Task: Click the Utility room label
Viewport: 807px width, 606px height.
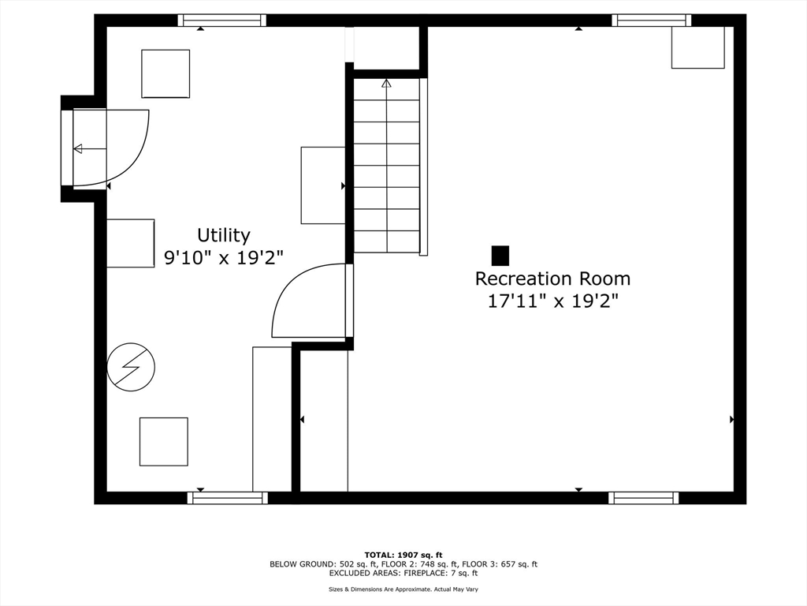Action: [223, 235]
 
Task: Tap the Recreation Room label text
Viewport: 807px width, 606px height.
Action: [552, 279]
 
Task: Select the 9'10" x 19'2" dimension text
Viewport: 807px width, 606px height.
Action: [223, 257]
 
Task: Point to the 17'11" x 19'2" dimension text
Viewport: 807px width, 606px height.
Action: [552, 301]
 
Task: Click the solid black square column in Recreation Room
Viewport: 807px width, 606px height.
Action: [500, 256]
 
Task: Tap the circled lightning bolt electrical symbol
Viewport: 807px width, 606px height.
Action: [131, 366]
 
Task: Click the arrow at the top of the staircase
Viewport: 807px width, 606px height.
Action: [386, 83]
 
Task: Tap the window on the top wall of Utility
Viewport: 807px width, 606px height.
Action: [221, 21]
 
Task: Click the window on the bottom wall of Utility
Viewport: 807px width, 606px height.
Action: [228, 498]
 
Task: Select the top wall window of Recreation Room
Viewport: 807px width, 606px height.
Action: [651, 21]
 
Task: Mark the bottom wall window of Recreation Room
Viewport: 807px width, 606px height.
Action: [643, 498]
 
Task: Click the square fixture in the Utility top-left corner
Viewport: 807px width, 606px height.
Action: [165, 73]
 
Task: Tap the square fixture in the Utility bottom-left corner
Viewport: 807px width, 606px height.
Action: [164, 442]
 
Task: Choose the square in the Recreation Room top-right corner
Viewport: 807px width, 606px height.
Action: [697, 48]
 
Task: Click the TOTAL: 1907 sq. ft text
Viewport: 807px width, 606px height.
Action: [403, 555]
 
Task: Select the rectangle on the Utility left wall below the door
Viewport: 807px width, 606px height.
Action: [130, 243]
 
